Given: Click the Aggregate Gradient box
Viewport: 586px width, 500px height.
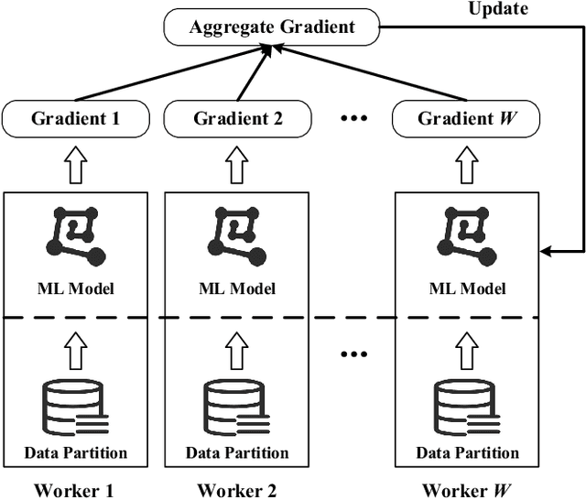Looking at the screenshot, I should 271,27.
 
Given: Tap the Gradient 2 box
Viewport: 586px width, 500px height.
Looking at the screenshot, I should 237,118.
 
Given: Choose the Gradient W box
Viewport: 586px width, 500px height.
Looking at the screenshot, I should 466,118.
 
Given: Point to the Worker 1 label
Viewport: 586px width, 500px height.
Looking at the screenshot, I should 74,489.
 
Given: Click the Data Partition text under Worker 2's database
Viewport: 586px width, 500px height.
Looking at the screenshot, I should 237,452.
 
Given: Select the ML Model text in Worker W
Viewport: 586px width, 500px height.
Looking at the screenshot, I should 467,289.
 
